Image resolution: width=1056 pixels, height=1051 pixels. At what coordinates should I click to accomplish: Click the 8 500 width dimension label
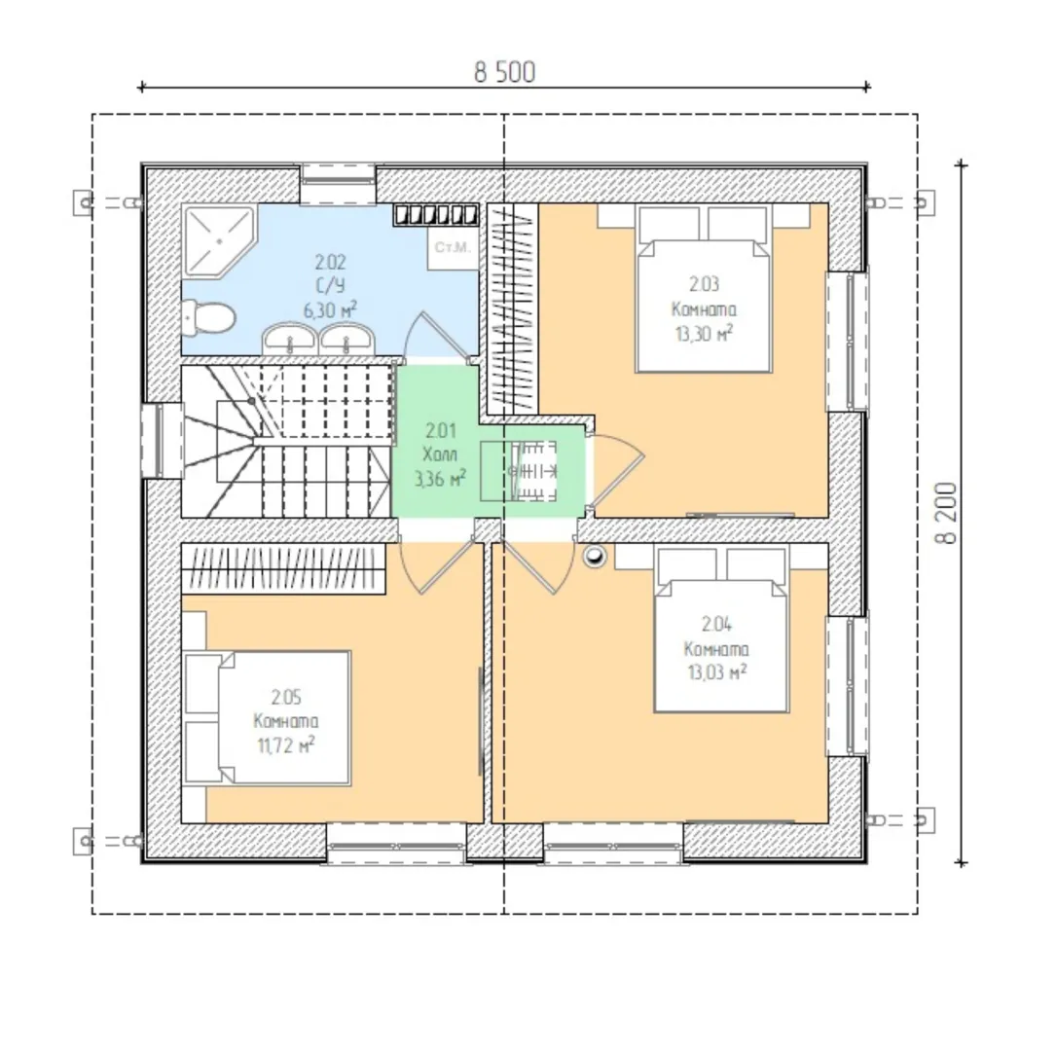(x=504, y=72)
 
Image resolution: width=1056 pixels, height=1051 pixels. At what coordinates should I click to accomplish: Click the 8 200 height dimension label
(x=946, y=513)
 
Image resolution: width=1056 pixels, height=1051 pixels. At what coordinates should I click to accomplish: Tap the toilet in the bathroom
(x=208, y=318)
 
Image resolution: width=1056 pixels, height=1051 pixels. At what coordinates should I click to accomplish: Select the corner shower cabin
(x=220, y=240)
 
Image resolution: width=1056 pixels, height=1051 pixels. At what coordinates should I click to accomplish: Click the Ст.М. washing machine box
(x=453, y=247)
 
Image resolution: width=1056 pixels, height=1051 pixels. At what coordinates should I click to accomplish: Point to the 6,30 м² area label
(x=330, y=309)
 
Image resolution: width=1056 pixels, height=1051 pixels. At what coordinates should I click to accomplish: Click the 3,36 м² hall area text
(x=441, y=479)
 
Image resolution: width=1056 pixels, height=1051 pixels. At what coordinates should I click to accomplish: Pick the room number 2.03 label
(x=704, y=284)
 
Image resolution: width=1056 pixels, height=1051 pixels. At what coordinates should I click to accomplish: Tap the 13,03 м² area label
(x=716, y=671)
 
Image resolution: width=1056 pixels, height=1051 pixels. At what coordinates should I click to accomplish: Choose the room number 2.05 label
(x=286, y=696)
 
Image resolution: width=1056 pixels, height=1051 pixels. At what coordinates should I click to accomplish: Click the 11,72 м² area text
(x=285, y=745)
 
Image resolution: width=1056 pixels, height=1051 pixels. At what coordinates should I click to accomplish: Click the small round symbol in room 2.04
(x=595, y=556)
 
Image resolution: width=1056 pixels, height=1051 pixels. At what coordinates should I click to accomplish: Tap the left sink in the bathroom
(x=290, y=338)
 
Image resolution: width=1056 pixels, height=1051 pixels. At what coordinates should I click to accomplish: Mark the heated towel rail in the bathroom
(x=436, y=215)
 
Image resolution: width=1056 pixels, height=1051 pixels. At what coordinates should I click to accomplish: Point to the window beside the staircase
(x=162, y=440)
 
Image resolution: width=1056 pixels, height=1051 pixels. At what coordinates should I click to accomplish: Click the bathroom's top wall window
(x=338, y=183)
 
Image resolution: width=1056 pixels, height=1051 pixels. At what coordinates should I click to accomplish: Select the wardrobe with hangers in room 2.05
(x=283, y=568)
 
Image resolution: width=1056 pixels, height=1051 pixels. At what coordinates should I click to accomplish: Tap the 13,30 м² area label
(x=704, y=333)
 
